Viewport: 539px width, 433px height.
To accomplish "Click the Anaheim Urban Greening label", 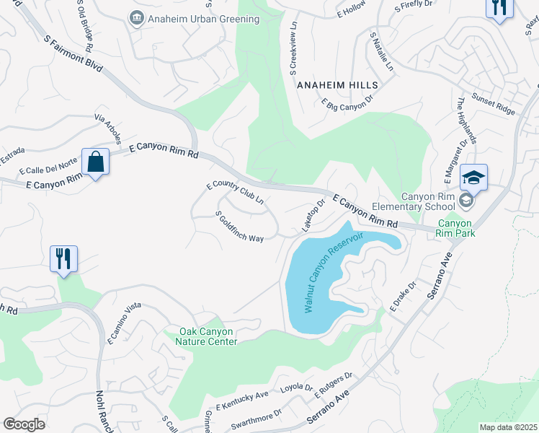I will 187,17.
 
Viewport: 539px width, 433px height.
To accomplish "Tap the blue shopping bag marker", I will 95,162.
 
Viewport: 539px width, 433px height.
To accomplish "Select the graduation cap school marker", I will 474,178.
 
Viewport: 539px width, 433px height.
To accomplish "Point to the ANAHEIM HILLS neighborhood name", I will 332,84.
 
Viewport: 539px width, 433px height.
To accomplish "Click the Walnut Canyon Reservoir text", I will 332,272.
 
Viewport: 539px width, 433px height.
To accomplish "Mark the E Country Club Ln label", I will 236,195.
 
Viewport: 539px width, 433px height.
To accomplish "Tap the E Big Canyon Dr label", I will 349,102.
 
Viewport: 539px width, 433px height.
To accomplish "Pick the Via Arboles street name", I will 107,128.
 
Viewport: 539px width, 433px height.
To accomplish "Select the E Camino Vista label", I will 124,324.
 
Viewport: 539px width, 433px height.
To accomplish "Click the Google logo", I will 24,424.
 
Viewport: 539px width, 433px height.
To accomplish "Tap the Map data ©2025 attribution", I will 507,427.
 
